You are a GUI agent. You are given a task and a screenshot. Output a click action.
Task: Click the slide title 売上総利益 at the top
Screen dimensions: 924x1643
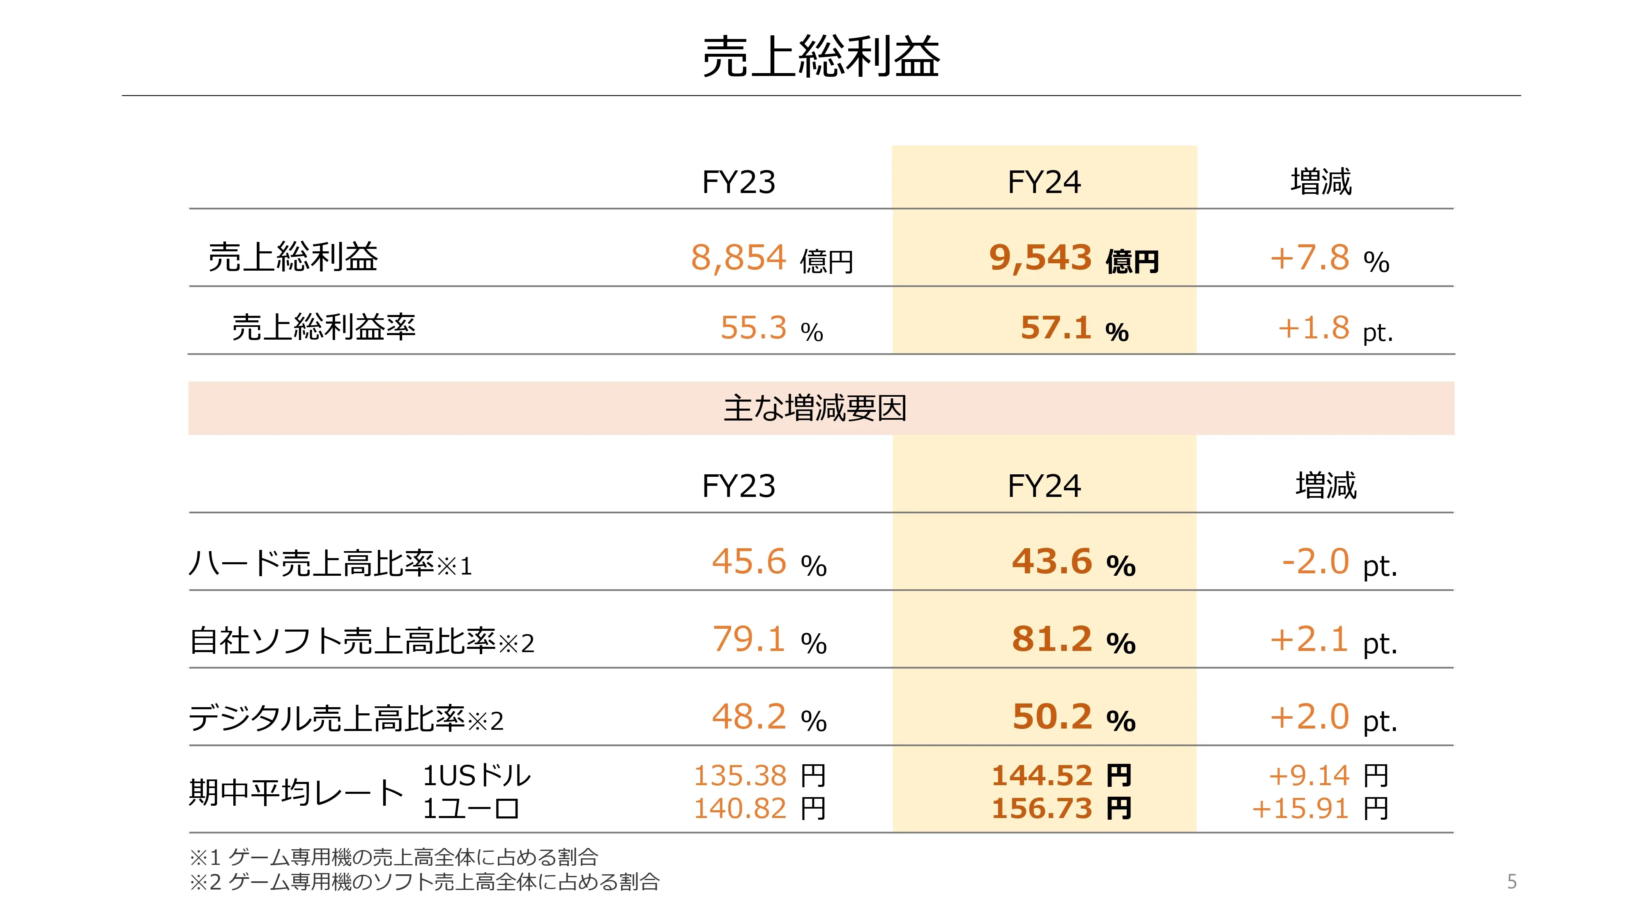(821, 57)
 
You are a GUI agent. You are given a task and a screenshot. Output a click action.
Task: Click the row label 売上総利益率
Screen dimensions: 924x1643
(323, 327)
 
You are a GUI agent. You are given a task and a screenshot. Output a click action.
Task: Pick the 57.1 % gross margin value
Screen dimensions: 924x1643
(1074, 329)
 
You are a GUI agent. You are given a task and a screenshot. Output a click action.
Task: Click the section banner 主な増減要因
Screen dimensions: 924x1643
(815, 408)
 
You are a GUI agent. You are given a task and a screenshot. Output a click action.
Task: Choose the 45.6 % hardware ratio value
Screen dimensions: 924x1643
(769, 563)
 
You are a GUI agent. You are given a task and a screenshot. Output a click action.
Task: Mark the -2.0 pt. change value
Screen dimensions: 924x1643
(1338, 563)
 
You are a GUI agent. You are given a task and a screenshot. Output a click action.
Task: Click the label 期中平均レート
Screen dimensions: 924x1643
(296, 793)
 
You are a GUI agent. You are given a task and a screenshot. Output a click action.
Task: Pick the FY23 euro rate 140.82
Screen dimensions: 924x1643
(740, 809)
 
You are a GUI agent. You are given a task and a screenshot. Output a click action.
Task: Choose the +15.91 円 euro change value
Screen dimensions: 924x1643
(1319, 809)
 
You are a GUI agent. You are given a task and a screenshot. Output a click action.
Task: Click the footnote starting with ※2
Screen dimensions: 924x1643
(424, 882)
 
